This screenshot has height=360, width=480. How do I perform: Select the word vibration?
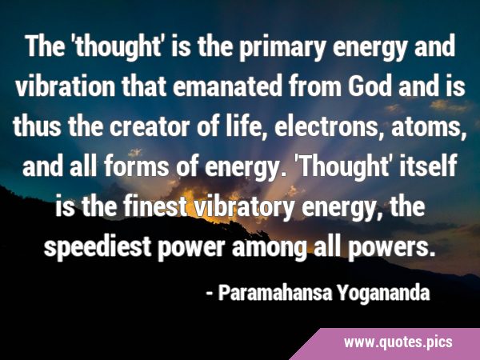(x=66, y=86)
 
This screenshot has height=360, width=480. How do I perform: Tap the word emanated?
(x=227, y=86)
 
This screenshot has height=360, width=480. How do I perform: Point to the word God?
(x=370, y=86)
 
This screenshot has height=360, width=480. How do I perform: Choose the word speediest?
(x=98, y=247)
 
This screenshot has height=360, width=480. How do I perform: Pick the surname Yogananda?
(x=383, y=294)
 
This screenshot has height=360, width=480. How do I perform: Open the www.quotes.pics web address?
(x=398, y=342)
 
